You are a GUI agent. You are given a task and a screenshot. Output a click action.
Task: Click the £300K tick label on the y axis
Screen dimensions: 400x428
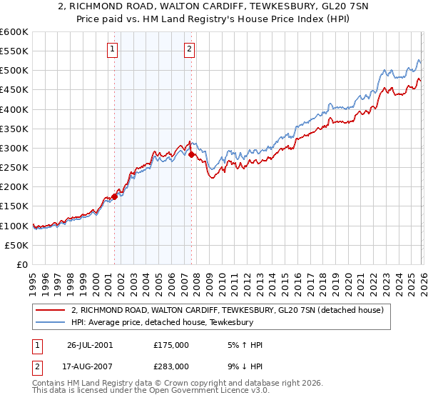pyautogui.click(x=14, y=148)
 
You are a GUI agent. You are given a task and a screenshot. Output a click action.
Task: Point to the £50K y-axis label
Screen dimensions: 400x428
pyautogui.click(x=16, y=245)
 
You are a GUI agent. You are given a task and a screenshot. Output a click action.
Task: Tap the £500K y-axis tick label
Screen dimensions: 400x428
pyautogui.click(x=14, y=71)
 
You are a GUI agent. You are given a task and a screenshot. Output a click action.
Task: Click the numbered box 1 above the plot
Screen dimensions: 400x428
pyautogui.click(x=113, y=49)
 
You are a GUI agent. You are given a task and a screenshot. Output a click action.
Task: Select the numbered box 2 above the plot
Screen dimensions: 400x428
pyautogui.click(x=189, y=49)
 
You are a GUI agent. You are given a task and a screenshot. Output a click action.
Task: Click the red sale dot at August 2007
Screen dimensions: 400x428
pyautogui.click(x=191, y=154)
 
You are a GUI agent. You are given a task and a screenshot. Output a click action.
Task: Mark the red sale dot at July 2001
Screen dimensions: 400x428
pyautogui.click(x=115, y=196)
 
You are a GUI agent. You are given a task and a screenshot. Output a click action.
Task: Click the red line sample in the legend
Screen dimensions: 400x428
pyautogui.click(x=51, y=310)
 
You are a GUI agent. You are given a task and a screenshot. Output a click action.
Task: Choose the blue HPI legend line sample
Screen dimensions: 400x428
pyautogui.click(x=51, y=322)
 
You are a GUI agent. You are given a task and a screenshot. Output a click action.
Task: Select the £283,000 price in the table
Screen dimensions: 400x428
pyautogui.click(x=171, y=366)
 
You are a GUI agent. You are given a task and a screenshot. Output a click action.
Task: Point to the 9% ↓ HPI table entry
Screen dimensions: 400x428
pyautogui.click(x=242, y=366)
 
